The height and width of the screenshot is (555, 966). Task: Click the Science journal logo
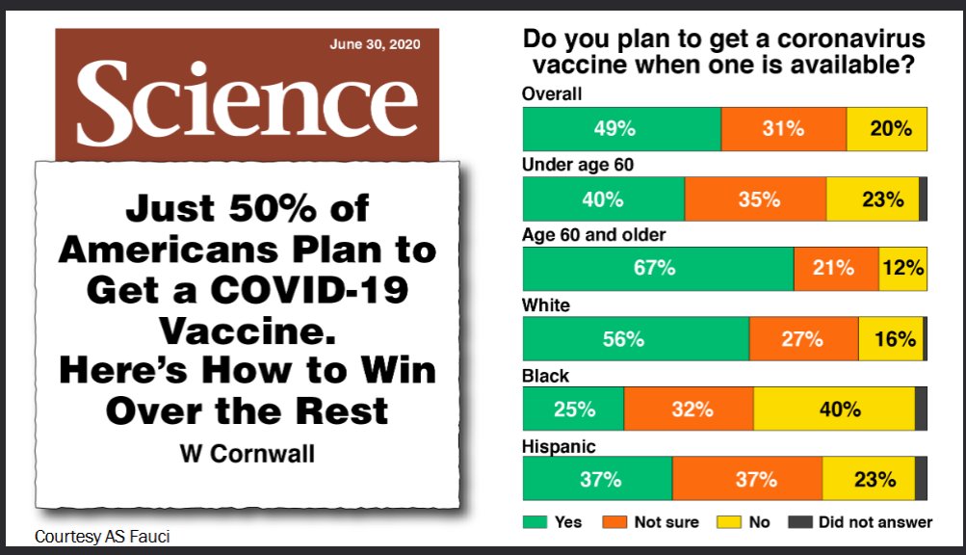pos(247,102)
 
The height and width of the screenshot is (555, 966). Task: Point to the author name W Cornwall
pos(247,453)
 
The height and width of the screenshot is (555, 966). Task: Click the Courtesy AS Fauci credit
pos(94,536)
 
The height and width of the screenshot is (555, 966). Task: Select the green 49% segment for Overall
pos(621,129)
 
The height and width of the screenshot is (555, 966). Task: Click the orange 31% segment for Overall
pos(783,129)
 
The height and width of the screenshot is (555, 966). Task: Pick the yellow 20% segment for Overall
pos(887,129)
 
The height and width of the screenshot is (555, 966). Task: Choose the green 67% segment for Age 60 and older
pos(657,269)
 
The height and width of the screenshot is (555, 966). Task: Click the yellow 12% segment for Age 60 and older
pos(902,269)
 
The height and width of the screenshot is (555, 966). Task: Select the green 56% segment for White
pos(635,339)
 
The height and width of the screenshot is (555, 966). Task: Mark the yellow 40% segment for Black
pos(834,410)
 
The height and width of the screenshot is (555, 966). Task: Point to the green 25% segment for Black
pos(573,410)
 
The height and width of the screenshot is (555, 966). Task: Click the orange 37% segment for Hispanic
pos(747,479)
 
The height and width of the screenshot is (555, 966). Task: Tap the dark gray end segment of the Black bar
pos(921,410)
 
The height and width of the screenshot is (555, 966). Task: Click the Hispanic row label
pos(559,447)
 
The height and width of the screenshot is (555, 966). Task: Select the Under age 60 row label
pos(577,165)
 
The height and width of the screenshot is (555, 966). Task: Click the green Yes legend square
pos(535,522)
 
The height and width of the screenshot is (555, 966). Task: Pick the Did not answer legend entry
pos(862,522)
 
